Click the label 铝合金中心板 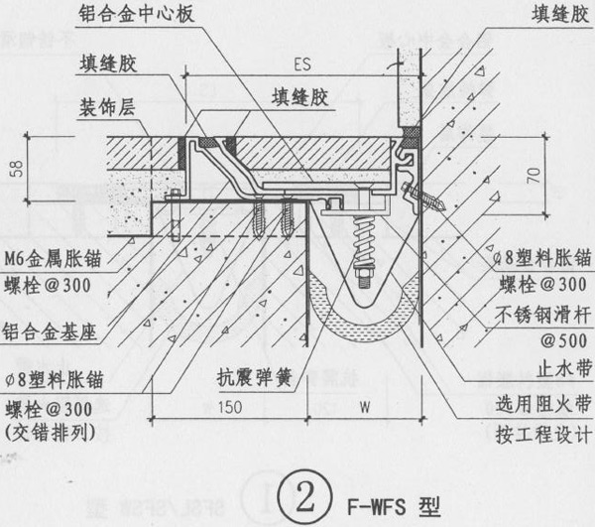(137, 14)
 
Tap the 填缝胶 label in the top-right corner (559, 15)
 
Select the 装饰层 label (107, 107)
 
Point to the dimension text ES (302, 65)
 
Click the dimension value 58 (18, 168)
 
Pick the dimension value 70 (534, 176)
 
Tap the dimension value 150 (230, 407)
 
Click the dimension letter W (365, 407)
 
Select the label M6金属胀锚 (54, 259)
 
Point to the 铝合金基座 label (50, 331)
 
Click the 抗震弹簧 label (254, 377)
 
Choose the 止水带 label (564, 367)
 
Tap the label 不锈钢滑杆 (542, 315)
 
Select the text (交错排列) (50, 433)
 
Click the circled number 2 (304, 497)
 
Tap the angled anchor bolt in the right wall (423, 198)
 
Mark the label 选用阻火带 (543, 404)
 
